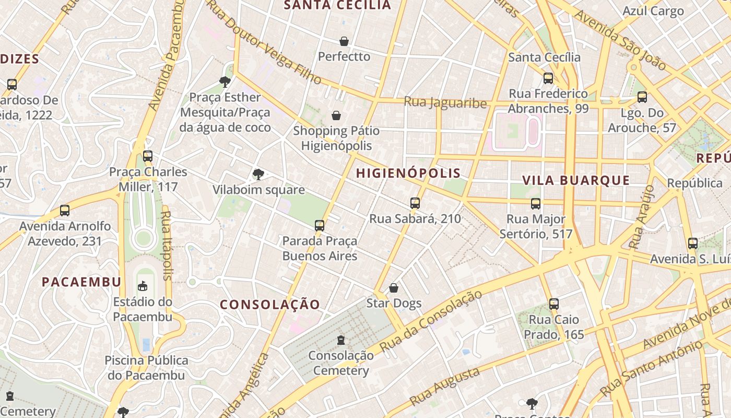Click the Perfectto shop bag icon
344,41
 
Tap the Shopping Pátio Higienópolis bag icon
336,115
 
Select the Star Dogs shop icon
394,288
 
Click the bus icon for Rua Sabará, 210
415,203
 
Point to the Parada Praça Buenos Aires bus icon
320,226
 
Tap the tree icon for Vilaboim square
258,175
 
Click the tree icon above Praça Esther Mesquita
225,82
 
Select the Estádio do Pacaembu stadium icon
143,286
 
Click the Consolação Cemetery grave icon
341,340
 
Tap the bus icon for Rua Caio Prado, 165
554,304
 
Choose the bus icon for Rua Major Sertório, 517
536,204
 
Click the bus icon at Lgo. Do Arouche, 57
642,97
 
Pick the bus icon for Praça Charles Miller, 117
148,156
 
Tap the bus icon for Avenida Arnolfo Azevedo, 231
65,211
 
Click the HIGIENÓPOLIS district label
408,173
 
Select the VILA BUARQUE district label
576,180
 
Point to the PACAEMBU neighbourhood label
81,282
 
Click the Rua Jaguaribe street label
445,102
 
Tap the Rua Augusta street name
444,387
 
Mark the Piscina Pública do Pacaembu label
146,368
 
